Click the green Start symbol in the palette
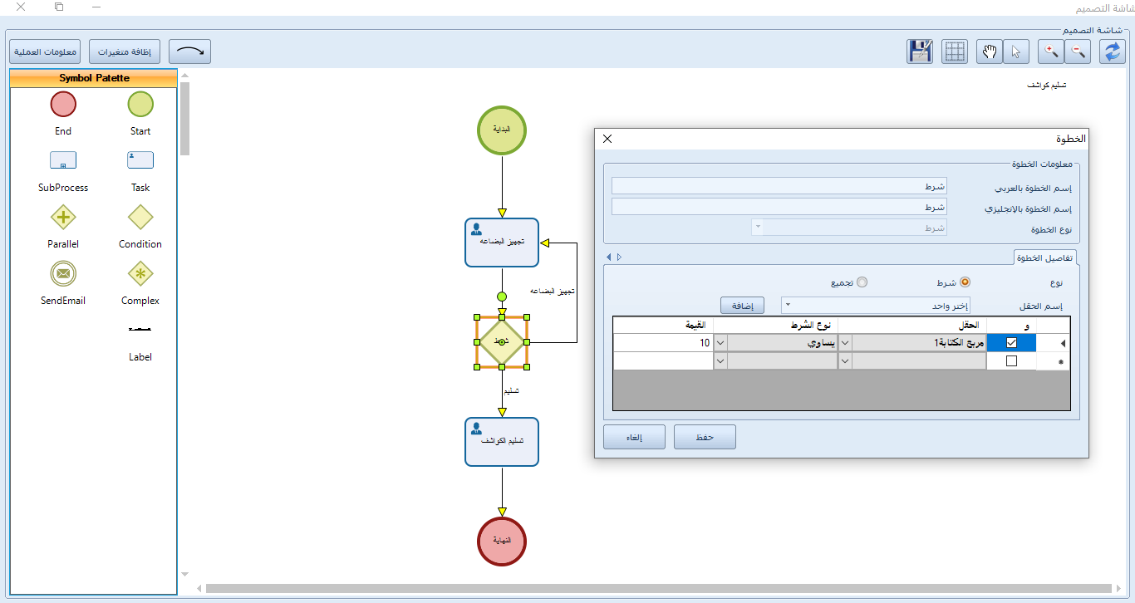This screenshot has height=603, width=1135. coord(140,105)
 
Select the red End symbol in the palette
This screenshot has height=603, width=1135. coord(63,105)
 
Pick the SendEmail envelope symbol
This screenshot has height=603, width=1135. coord(63,273)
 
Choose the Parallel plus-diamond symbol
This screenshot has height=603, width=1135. coord(63,218)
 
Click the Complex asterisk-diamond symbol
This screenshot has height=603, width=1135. coord(140,273)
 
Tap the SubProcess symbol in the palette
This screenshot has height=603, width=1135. coord(63,160)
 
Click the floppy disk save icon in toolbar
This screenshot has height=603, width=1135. coord(920,51)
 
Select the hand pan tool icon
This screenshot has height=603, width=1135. coord(990,51)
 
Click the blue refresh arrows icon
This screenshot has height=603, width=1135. coord(1113,51)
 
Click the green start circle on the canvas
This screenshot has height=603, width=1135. coord(502,130)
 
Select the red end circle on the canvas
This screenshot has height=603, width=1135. coord(502,542)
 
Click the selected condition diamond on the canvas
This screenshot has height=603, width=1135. coord(502,341)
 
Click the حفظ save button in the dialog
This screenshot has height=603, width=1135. coord(705,437)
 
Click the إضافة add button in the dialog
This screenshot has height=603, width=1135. coord(742,306)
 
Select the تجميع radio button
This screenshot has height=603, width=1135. coord(862,282)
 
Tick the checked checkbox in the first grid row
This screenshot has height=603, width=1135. coord(1011,342)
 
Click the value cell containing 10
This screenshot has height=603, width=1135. coord(663,342)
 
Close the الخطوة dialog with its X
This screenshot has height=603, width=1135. coord(607,140)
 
